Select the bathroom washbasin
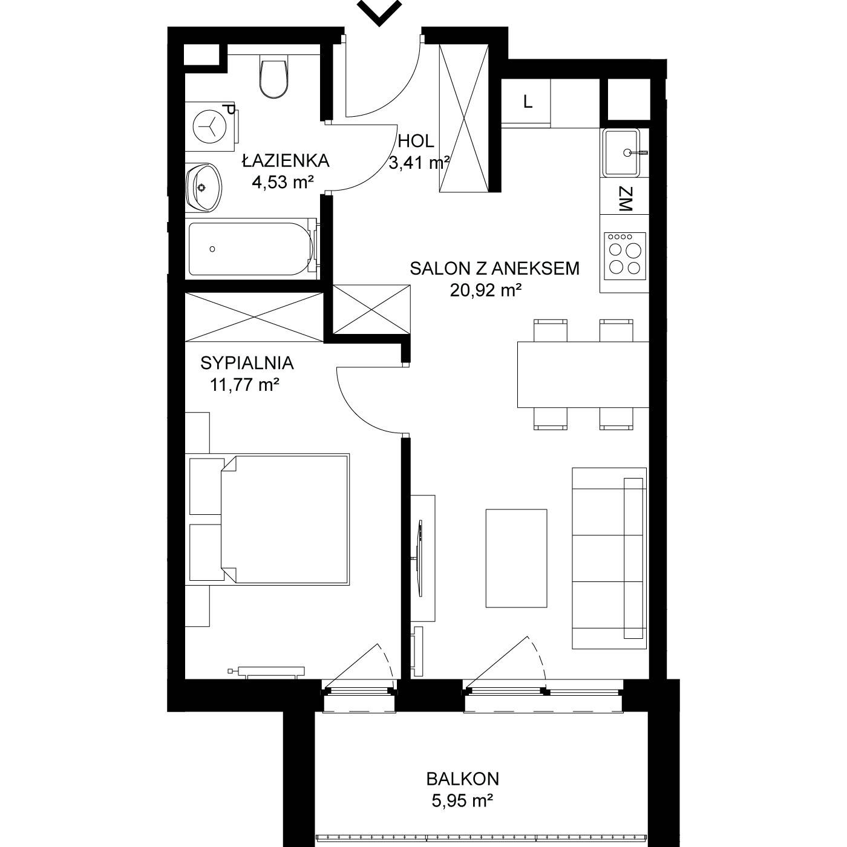203,188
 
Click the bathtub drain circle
212,249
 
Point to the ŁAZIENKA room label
286,161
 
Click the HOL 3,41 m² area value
419,163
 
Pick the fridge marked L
526,103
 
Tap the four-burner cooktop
624,257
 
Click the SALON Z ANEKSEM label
494,269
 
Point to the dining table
583,374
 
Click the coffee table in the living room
516,558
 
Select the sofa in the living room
609,558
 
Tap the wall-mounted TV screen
420,558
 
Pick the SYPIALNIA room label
247,364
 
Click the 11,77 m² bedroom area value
245,385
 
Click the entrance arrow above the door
379,12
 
